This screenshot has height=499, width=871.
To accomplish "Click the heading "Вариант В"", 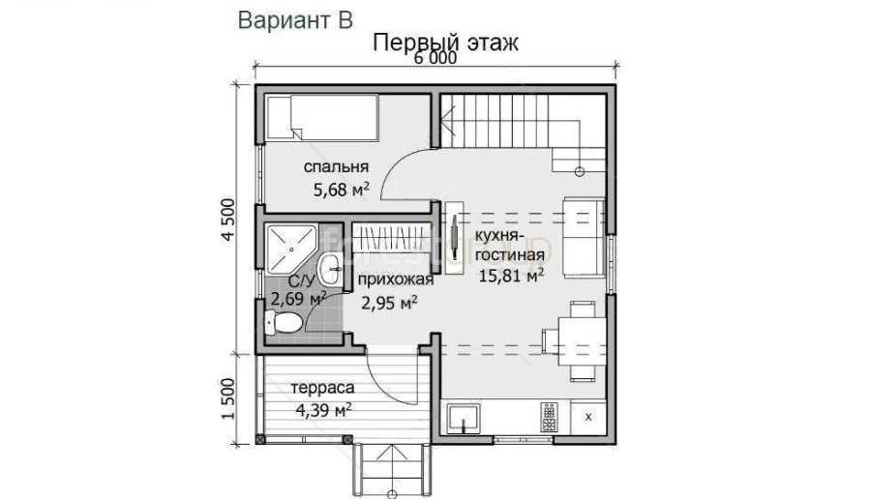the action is (x=295, y=20).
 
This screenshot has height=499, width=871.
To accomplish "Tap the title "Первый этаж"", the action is (x=445, y=43).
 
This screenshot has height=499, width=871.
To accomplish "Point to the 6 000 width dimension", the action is (x=435, y=58).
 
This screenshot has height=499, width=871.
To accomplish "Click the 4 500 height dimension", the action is (x=228, y=220).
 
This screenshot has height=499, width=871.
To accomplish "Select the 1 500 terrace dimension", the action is (x=228, y=398).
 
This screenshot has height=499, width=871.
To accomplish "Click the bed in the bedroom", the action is (x=322, y=117).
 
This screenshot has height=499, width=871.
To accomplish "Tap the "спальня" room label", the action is (x=336, y=166).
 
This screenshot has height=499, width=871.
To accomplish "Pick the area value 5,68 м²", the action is (x=341, y=190).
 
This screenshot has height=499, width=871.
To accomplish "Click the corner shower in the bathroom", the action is (x=291, y=249).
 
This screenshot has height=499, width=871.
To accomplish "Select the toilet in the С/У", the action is (x=283, y=322).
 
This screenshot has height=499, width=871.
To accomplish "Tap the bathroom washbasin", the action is (x=331, y=269).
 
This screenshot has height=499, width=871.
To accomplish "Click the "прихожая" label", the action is (x=395, y=279).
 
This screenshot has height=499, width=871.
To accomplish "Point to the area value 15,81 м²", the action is (x=511, y=275).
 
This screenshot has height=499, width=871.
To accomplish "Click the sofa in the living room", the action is (x=584, y=237).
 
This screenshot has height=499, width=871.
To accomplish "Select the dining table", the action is (x=581, y=340).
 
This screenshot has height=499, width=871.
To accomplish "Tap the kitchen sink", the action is (x=465, y=419).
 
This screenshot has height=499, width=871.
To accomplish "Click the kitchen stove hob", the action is (x=550, y=417).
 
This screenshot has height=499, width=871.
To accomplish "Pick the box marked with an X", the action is (x=588, y=417).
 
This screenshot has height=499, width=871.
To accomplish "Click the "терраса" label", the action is (x=322, y=388).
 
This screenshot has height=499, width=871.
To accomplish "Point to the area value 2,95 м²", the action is (x=389, y=303).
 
